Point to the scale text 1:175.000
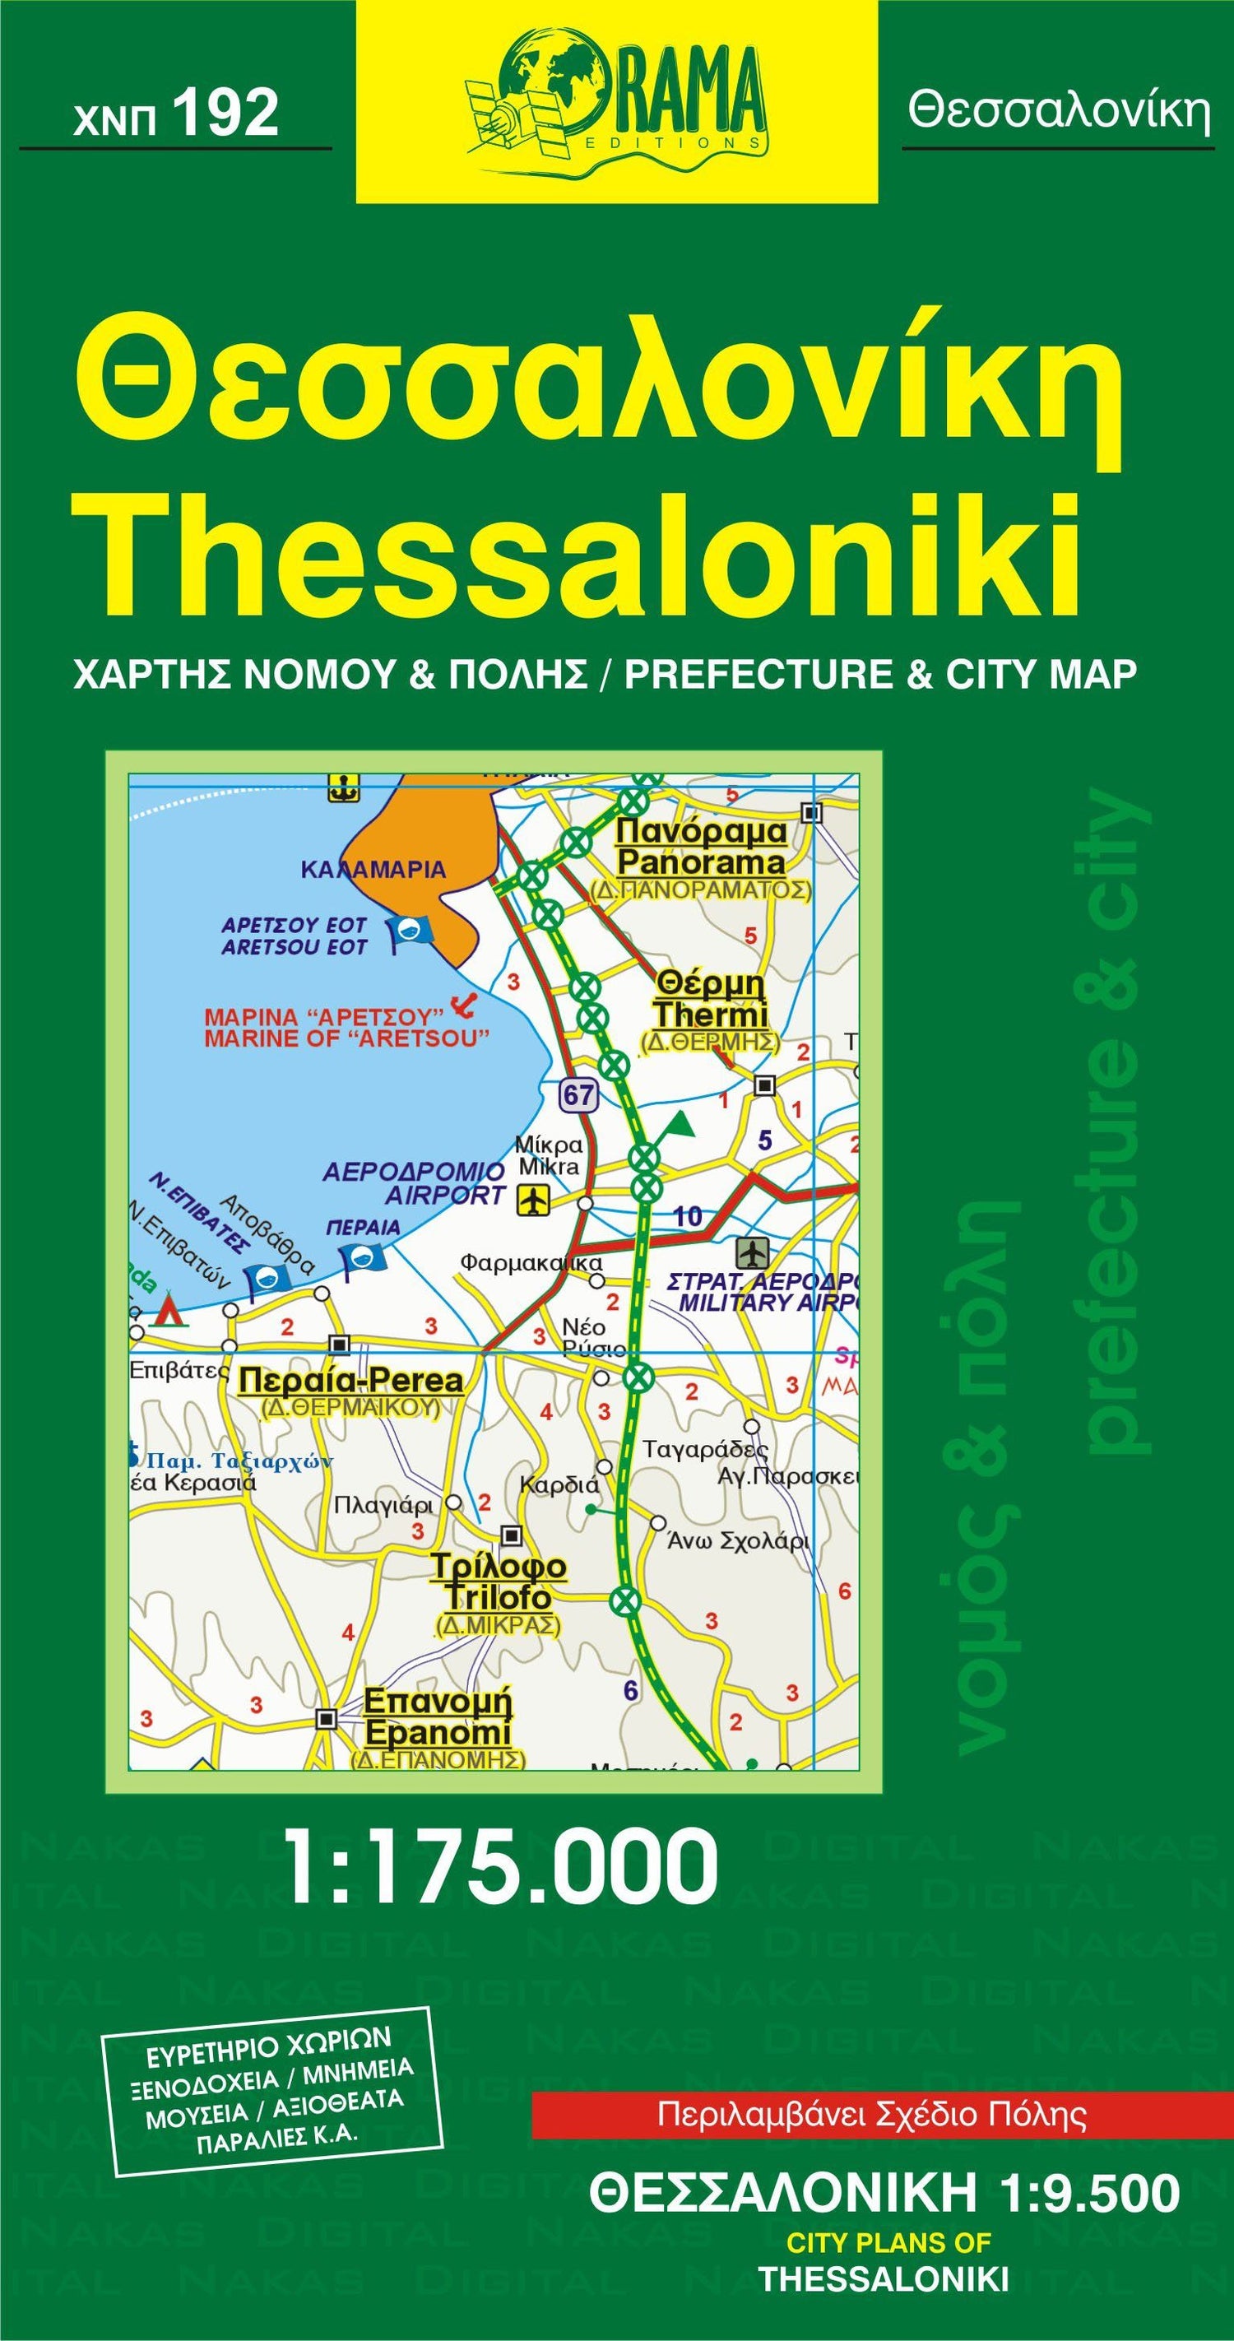[501, 1866]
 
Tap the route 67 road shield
[578, 1094]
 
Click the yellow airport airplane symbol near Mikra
[533, 1201]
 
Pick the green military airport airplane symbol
[754, 1253]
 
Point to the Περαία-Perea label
[350, 1382]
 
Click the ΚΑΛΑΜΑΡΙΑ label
[373, 870]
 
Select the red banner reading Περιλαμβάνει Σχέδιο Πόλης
[872, 2115]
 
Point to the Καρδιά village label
[559, 1486]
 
